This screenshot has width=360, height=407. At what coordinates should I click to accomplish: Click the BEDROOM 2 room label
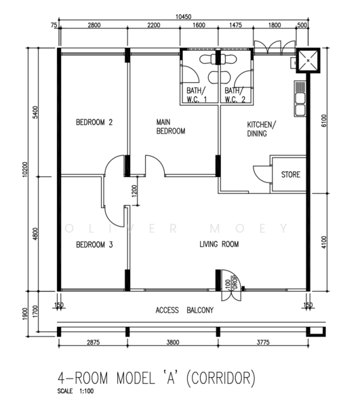coord(94,123)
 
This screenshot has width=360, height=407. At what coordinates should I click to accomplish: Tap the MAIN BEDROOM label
coord(170,127)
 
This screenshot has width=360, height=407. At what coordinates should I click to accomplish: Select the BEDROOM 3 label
coord(94,244)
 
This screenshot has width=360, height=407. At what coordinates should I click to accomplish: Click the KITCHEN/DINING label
coord(260,129)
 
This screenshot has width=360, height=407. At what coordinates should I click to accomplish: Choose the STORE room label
coord(290,175)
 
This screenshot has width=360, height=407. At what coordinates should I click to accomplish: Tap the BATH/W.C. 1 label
coord(196,94)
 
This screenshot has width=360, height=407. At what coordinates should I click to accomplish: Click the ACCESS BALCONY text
coord(184,311)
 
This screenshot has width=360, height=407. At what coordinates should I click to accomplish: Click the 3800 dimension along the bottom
coord(172,343)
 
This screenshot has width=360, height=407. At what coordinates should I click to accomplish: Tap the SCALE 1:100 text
coord(77,391)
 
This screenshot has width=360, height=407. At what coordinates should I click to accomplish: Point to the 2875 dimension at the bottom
coord(93,343)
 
